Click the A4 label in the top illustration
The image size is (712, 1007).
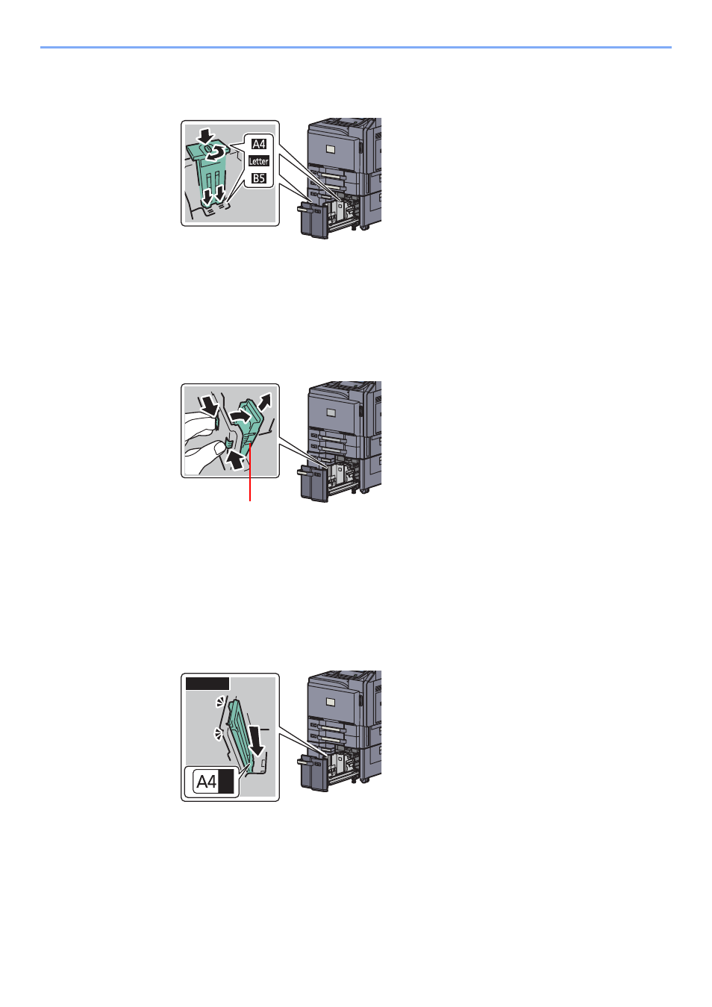point(259,144)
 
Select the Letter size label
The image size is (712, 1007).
point(259,161)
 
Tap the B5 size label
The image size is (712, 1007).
point(259,178)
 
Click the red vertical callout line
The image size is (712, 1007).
point(249,471)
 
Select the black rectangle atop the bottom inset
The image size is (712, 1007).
point(207,684)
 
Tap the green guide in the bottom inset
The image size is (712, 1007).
point(243,736)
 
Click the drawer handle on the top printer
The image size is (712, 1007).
point(309,209)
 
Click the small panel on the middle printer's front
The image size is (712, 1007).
point(331,412)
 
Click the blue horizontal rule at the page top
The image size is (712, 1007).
point(356,47)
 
